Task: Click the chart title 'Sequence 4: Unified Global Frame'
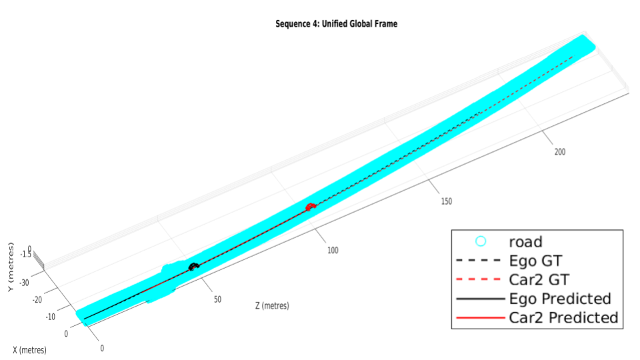336,24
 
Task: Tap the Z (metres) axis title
272,306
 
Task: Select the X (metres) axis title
29,350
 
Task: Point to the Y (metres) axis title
11,267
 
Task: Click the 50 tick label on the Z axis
217,299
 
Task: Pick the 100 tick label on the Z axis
333,251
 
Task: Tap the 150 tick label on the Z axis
446,201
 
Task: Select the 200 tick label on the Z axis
559,152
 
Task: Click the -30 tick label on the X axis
24,283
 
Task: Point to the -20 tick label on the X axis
37,299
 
